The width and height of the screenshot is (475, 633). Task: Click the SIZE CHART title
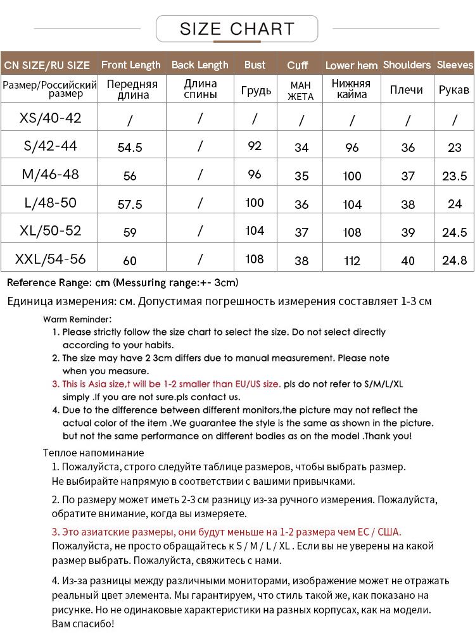[x=237, y=28]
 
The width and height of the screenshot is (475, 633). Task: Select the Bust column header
[x=255, y=65]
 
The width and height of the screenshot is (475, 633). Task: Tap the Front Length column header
[x=130, y=65]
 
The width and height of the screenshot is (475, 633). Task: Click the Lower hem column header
[x=351, y=65]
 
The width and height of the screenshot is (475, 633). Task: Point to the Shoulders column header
[x=407, y=65]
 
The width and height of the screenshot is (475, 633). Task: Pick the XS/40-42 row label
[x=51, y=118]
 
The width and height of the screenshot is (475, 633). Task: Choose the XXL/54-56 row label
[x=51, y=258]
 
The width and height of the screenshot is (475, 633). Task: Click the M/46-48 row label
[x=51, y=173]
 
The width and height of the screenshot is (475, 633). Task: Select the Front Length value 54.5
[x=130, y=147]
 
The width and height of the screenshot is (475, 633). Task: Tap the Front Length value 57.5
[x=130, y=204]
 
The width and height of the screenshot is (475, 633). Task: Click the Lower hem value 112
[x=351, y=261]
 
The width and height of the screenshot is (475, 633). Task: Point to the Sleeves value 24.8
[x=455, y=261]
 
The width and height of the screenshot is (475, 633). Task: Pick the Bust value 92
[x=255, y=146]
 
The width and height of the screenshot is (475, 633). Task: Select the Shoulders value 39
[x=408, y=232]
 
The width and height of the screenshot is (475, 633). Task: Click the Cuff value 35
[x=301, y=176]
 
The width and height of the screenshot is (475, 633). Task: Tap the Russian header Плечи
[x=407, y=90]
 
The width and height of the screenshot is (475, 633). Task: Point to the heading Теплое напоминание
[x=94, y=453]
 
